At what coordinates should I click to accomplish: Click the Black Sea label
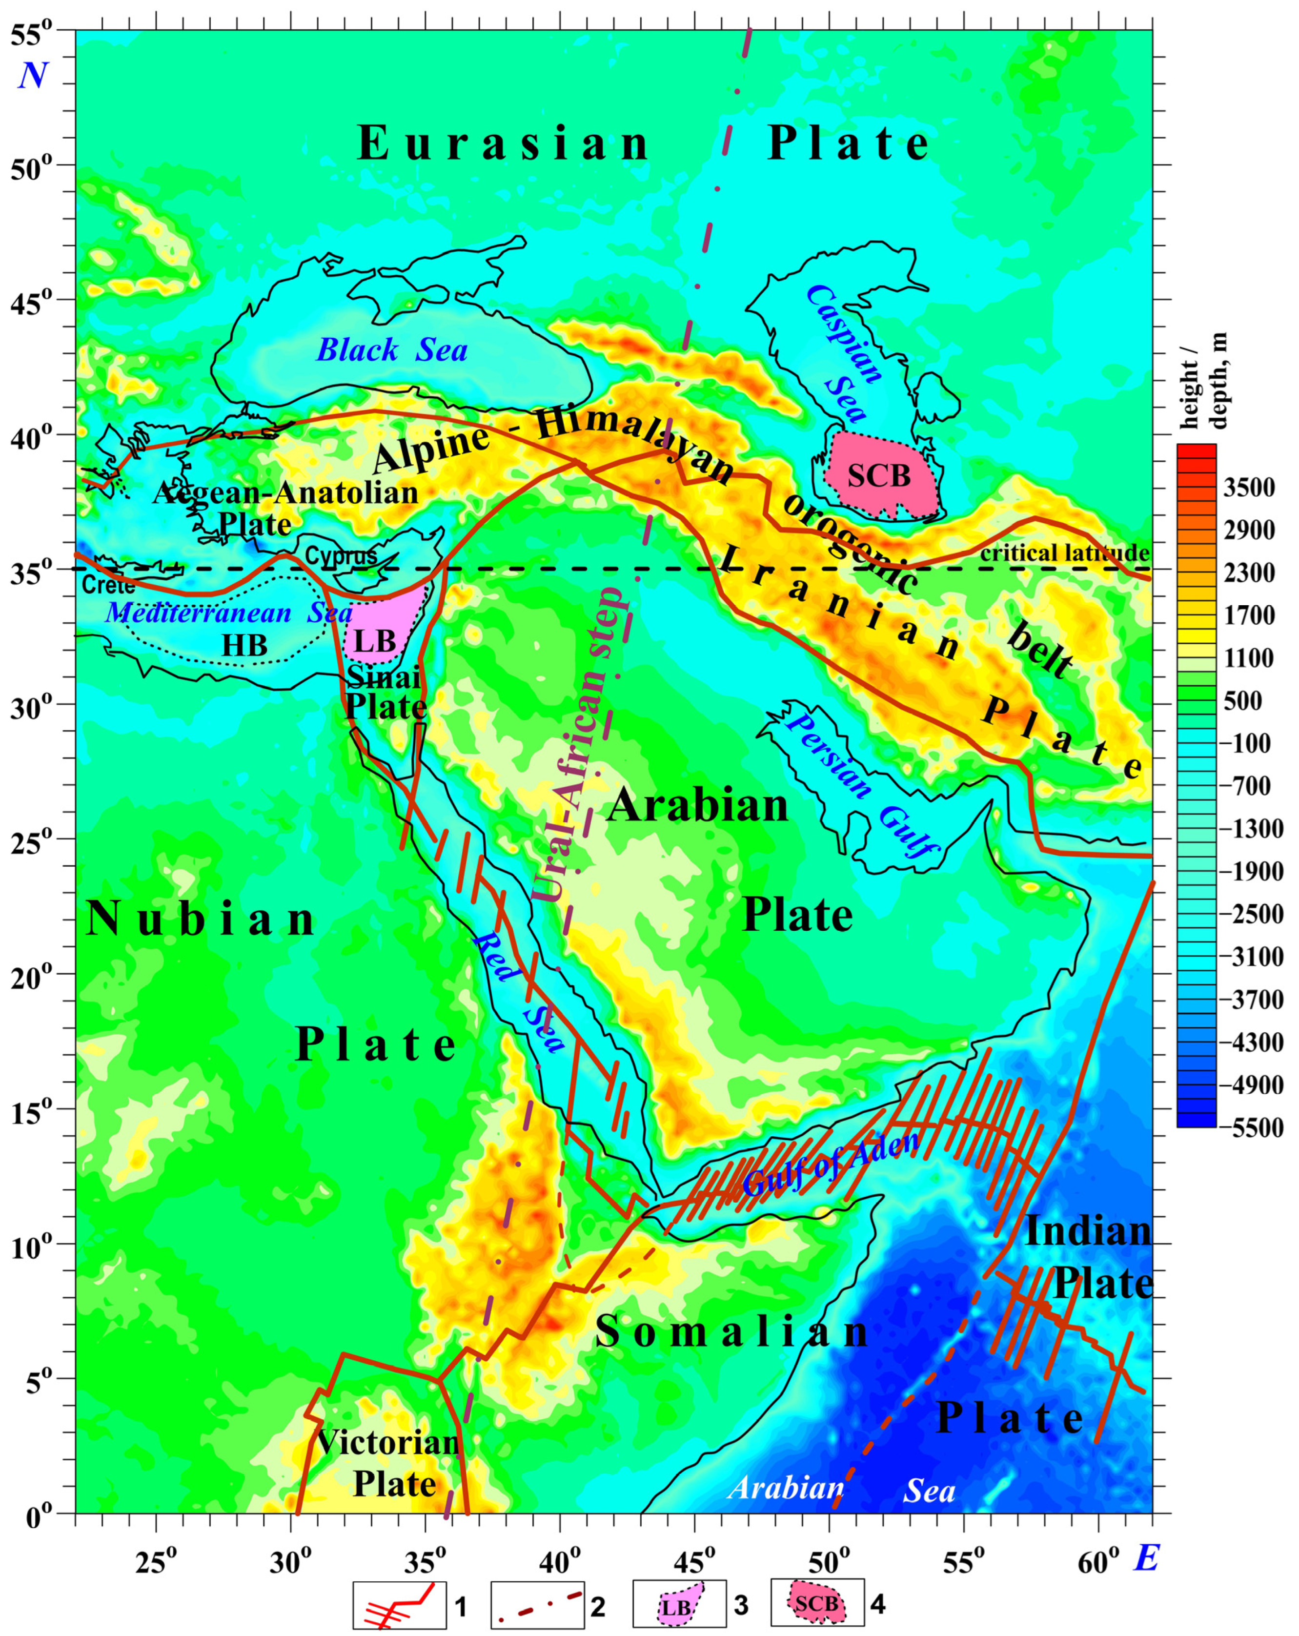391,350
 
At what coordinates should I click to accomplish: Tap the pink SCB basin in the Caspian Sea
880,476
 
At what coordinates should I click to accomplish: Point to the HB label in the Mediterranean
244,646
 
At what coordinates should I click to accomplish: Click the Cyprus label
341,556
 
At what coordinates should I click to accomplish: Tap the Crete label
108,586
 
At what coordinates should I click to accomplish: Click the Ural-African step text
583,744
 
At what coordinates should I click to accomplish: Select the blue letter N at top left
33,75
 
